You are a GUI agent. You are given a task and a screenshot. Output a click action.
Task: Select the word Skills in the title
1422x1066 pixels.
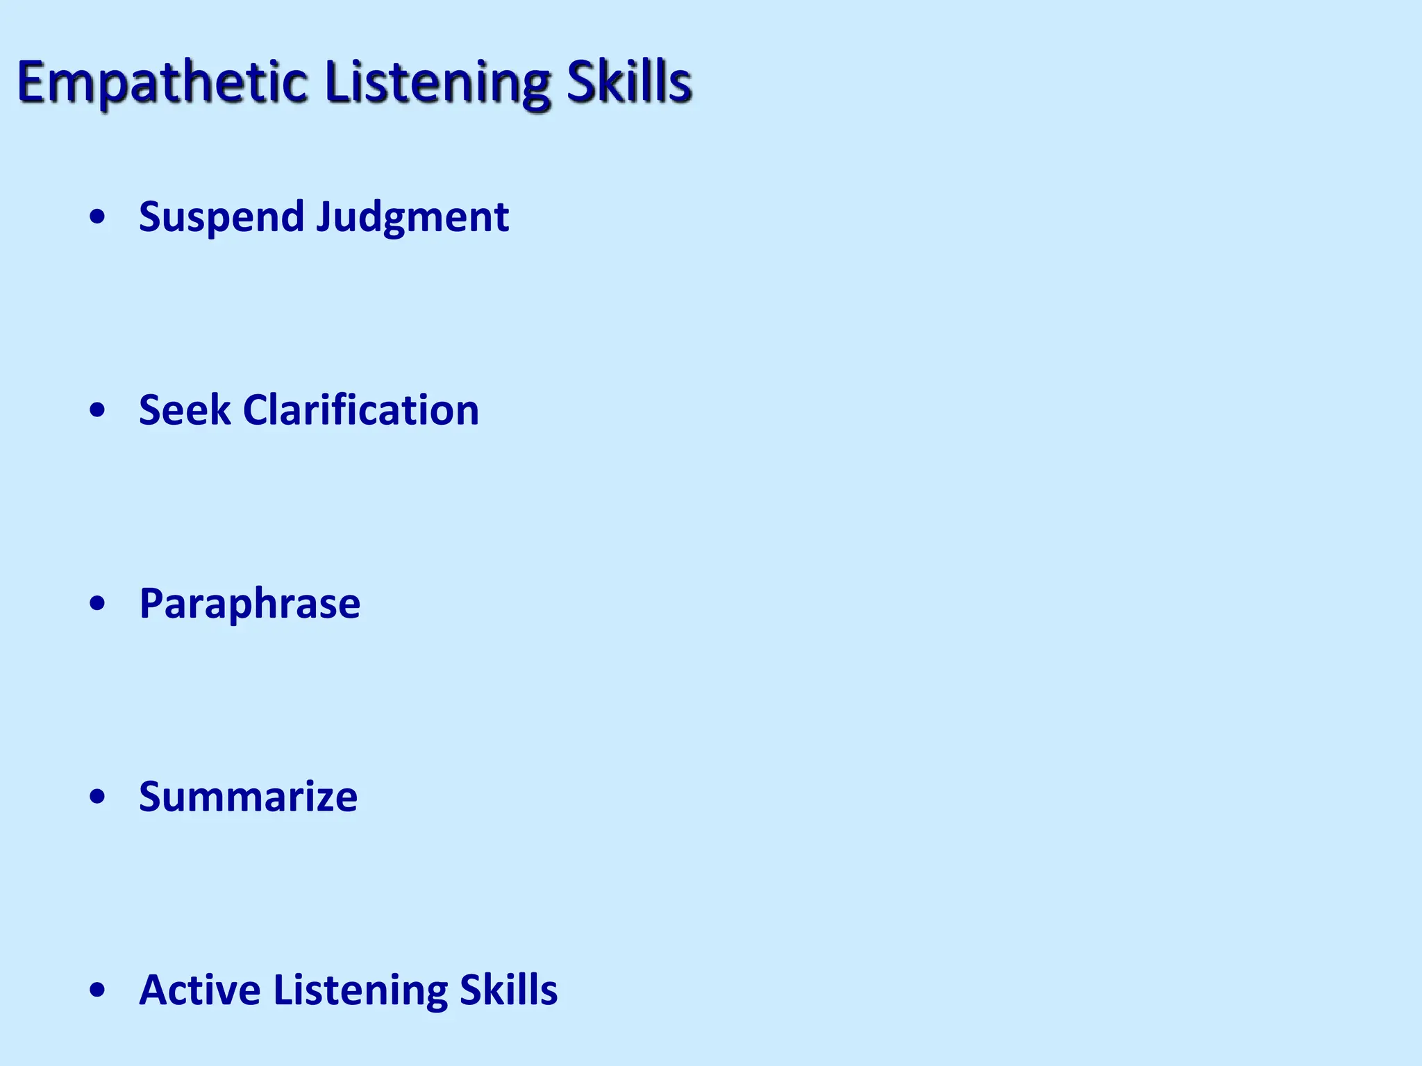(x=628, y=82)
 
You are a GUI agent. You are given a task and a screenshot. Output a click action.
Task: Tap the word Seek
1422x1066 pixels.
(x=184, y=410)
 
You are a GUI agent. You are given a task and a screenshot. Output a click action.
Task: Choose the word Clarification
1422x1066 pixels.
(x=360, y=410)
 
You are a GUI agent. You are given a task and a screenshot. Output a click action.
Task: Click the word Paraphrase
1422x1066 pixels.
(x=249, y=604)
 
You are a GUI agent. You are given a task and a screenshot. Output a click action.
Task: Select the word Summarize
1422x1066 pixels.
(x=248, y=797)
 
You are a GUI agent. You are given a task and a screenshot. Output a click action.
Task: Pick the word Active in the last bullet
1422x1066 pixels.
(x=199, y=990)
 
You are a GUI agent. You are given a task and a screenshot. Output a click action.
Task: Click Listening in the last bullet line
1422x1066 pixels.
(x=360, y=991)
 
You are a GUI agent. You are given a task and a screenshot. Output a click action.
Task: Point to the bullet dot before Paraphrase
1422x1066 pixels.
(x=98, y=604)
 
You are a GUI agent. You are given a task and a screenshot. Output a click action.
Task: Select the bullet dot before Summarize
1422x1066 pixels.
(x=98, y=797)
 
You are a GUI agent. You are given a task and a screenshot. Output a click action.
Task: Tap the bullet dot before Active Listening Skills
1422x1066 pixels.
(x=98, y=990)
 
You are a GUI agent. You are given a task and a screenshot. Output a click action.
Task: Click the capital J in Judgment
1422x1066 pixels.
(x=325, y=217)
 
